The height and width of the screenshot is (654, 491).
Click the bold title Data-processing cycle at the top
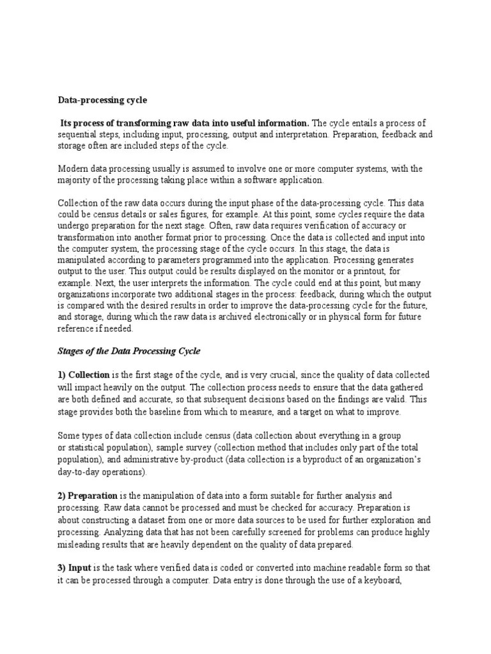tap(103, 100)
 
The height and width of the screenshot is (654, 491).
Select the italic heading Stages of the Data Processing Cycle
tap(129, 351)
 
